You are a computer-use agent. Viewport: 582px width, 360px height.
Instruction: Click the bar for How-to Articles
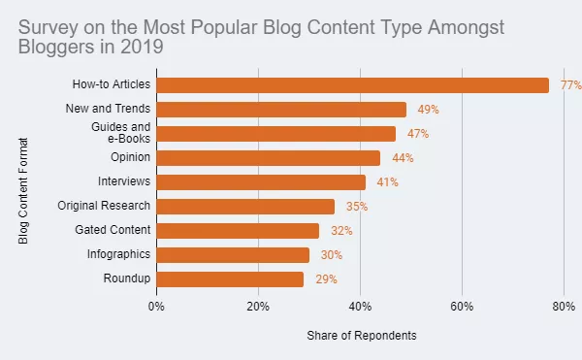point(352,84)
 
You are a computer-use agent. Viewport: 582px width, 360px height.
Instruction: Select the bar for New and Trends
point(281,109)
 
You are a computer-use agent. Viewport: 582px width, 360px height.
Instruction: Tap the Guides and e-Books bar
point(275,133)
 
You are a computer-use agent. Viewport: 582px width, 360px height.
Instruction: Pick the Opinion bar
point(268,157)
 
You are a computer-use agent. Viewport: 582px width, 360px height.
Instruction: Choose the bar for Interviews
point(261,181)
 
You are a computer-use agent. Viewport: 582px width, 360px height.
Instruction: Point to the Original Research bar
point(245,206)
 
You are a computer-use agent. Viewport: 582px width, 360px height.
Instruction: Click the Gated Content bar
point(238,230)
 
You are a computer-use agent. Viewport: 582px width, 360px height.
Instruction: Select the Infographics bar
point(233,254)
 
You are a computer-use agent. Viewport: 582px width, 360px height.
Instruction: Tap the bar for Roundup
point(230,278)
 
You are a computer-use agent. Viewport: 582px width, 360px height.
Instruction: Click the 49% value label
point(429,110)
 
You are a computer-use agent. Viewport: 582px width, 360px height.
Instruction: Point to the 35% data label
point(357,207)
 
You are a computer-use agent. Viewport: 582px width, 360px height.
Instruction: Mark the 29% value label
point(327,279)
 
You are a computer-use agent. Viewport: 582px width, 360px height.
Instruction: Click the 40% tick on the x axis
point(360,307)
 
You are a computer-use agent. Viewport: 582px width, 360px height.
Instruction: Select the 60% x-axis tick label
point(462,307)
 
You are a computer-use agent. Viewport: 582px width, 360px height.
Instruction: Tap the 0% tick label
point(156,307)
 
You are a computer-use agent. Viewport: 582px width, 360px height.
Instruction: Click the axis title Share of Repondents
point(362,335)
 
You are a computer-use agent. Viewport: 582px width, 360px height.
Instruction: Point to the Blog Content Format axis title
point(24,189)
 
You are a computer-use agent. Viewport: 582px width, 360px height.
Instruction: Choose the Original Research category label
point(104,206)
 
